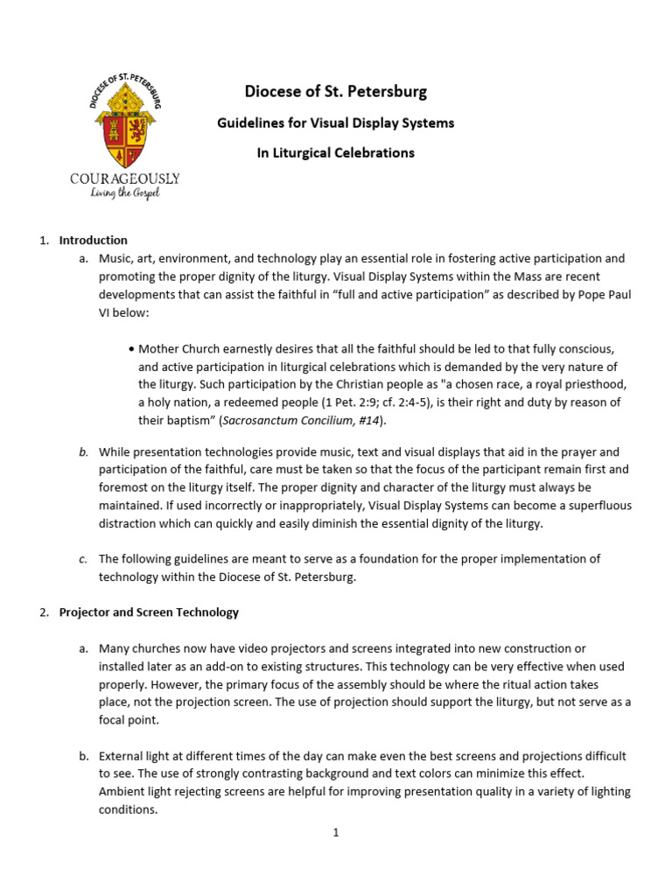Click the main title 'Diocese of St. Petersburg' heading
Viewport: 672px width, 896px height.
(x=336, y=92)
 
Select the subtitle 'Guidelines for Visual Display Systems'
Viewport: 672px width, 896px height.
(x=336, y=123)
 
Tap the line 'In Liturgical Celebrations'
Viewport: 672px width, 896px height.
(x=336, y=153)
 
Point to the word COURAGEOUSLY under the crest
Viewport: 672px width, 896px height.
(x=125, y=178)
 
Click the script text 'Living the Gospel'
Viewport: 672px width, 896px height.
(x=126, y=193)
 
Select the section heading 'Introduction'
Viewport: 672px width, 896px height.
(x=93, y=241)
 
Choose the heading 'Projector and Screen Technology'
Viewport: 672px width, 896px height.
(x=149, y=612)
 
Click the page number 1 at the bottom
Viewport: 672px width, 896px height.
(x=335, y=832)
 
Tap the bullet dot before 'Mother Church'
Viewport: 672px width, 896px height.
(x=131, y=348)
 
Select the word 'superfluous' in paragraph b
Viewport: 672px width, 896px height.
(x=598, y=506)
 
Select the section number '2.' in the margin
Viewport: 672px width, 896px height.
(x=45, y=612)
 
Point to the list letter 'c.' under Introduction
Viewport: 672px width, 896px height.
(x=82, y=558)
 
